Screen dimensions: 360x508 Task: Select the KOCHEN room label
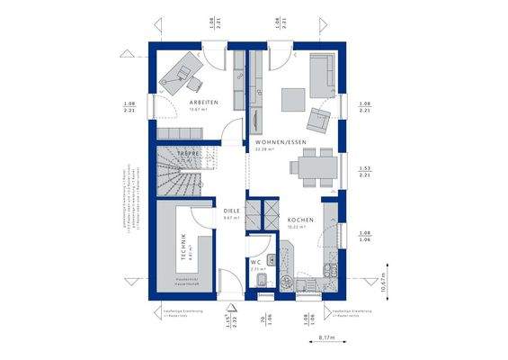pos(299,220)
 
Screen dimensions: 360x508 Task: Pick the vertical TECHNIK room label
pos(184,247)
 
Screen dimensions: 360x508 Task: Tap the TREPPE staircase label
pos(188,155)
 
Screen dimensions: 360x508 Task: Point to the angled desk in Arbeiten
pos(178,71)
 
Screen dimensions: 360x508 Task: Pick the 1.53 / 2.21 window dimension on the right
pos(364,171)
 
